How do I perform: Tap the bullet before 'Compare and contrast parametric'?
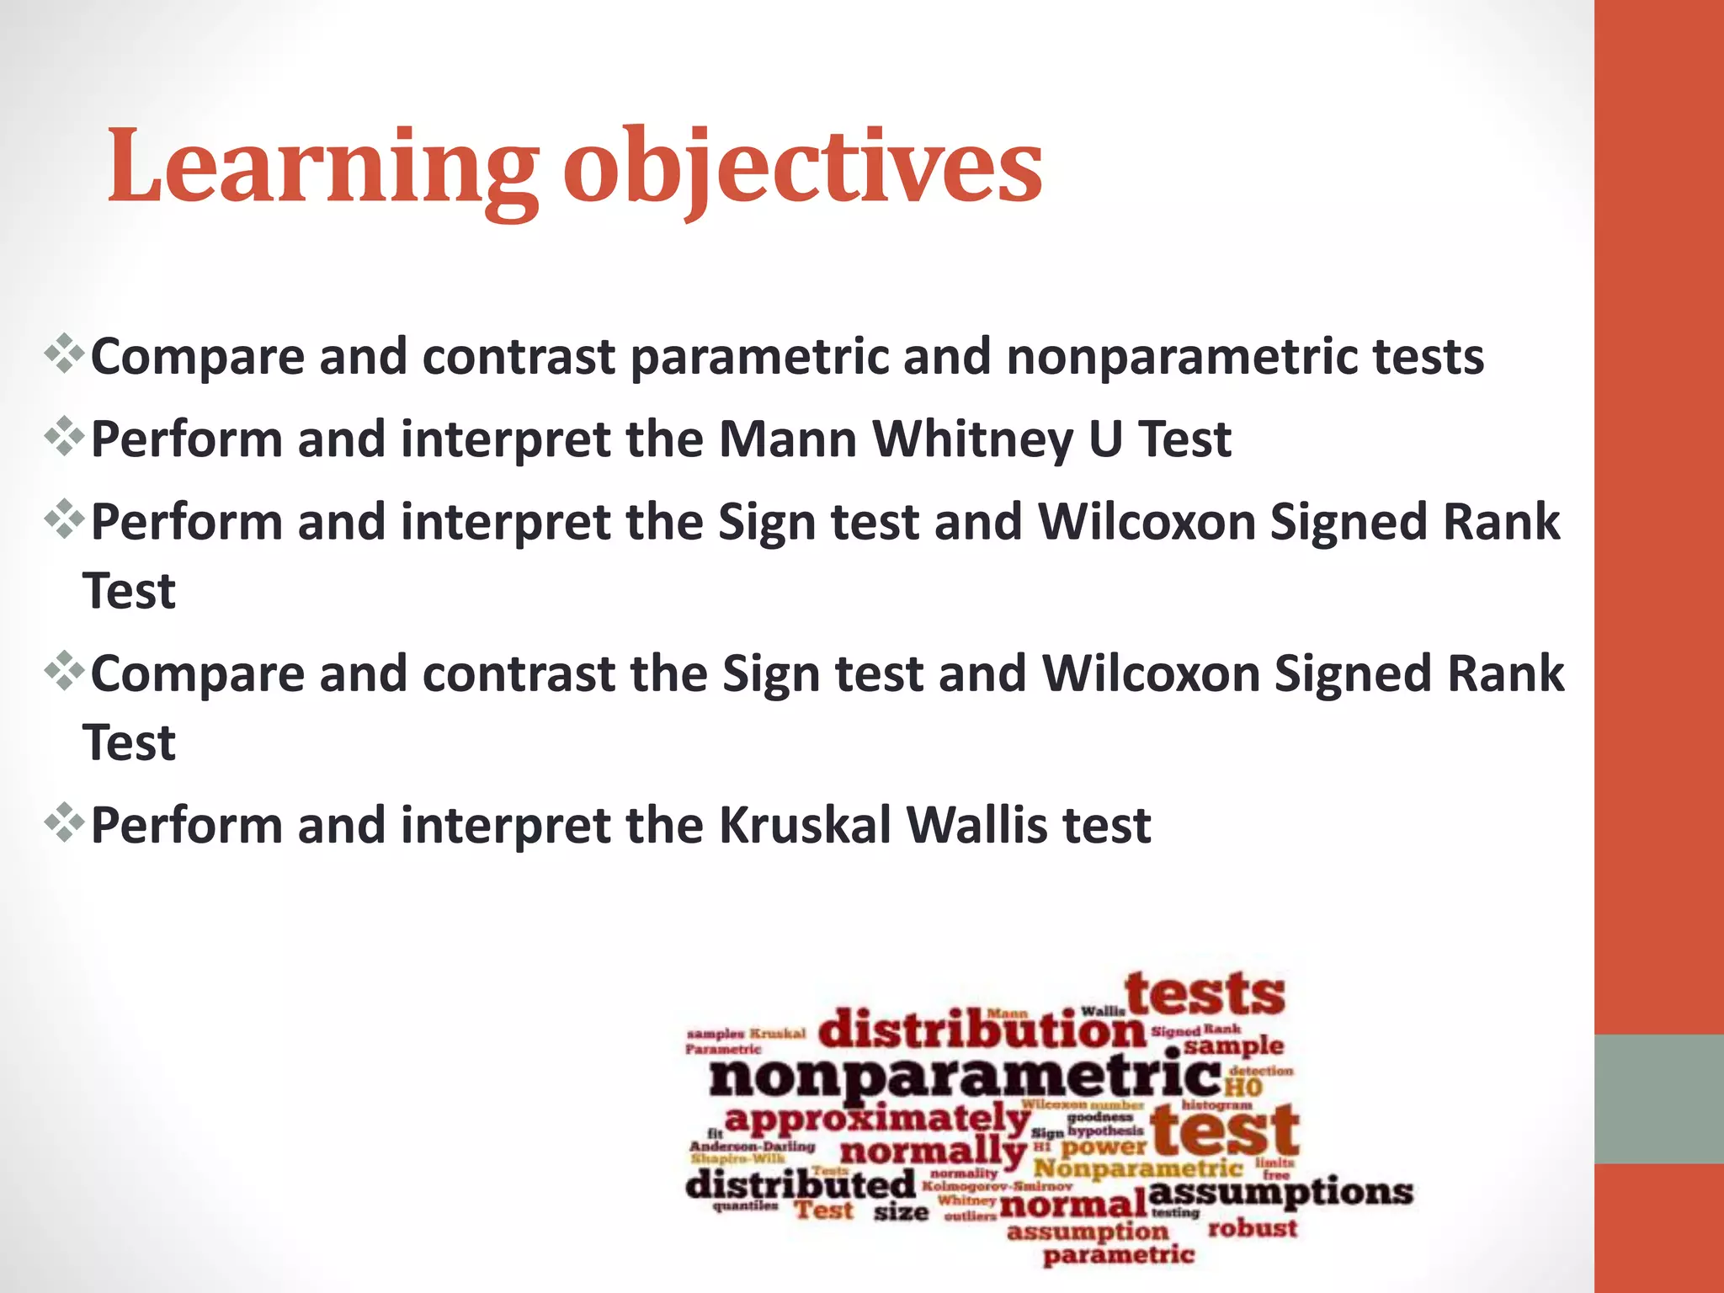(64, 354)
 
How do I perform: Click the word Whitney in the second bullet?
(972, 439)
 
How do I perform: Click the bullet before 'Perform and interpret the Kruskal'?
(64, 823)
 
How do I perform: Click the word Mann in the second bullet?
(787, 439)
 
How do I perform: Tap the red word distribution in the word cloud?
(982, 1030)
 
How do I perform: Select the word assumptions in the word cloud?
(1280, 1192)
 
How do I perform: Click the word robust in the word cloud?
(1252, 1228)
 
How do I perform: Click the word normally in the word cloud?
(933, 1152)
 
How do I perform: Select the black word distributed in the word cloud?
(800, 1185)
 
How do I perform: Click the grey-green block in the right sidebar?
(1658, 1099)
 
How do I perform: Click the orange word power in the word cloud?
(1104, 1147)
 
